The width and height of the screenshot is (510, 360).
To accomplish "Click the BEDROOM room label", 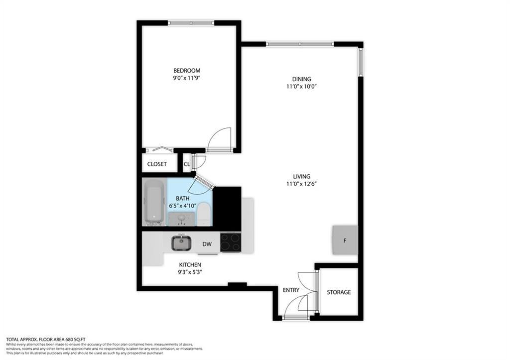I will [x=187, y=71].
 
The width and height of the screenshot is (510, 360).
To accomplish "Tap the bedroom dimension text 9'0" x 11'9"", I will [x=187, y=78].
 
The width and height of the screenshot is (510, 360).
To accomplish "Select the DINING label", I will [x=301, y=79].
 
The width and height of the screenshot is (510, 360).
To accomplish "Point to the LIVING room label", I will [x=301, y=176].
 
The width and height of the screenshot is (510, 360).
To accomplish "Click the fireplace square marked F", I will [x=345, y=240].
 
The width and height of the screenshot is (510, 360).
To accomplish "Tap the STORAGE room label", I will [x=339, y=292].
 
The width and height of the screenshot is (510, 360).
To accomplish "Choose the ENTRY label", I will [x=291, y=290].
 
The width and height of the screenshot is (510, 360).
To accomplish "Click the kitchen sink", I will [x=181, y=242].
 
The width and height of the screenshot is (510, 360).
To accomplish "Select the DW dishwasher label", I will [x=208, y=244].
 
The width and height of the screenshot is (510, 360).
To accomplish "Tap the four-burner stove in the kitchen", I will [x=231, y=242].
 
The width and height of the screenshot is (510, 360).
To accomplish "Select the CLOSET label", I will [x=157, y=164].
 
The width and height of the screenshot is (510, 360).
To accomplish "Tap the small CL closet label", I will [x=187, y=164].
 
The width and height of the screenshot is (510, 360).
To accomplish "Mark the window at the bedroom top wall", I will [x=191, y=22].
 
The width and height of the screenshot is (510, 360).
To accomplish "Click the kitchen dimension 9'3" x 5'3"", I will [x=190, y=272].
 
